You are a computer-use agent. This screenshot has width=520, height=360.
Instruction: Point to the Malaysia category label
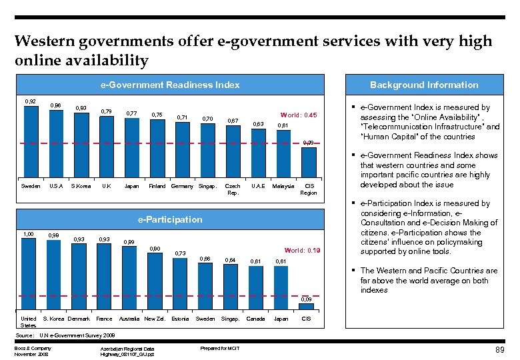283,187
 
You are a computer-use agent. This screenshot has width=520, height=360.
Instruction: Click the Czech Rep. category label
233,189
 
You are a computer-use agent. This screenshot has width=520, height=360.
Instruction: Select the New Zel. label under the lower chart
155,319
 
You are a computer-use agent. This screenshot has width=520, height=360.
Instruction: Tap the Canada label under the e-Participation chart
255,319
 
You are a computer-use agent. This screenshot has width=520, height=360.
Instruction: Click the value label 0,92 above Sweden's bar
31,101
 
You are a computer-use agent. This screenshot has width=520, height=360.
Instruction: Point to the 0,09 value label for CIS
306,300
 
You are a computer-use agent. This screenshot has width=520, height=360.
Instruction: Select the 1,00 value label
28,234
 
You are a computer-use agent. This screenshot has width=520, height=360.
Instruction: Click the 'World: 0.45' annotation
298,114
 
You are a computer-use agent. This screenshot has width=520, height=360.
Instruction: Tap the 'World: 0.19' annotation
302,251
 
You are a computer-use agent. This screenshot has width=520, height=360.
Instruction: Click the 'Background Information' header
424,85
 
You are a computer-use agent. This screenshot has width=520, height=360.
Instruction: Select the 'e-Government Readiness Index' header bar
170,85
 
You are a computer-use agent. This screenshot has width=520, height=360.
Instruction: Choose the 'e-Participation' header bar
170,219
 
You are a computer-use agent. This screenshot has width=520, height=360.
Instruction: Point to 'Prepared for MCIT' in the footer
219,348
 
